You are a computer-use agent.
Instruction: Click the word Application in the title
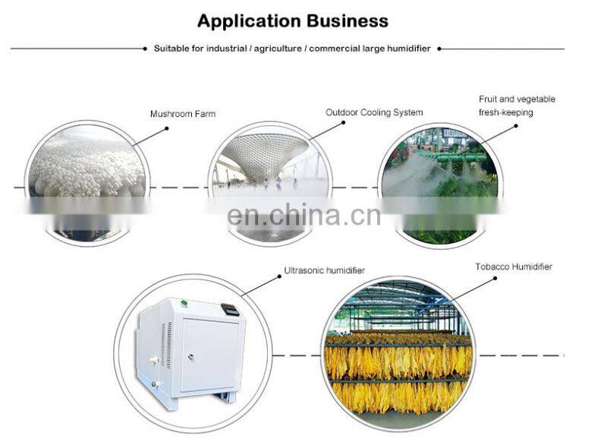pos(247,21)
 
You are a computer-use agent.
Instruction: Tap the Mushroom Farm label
pos(182,114)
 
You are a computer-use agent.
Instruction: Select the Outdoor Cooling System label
pos(374,112)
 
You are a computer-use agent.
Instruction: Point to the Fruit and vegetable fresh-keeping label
pos(517,106)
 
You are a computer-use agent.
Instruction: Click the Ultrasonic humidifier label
pos(324,270)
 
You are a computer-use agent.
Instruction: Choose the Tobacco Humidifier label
pos(514,267)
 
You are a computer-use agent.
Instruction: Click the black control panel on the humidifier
pos(229,310)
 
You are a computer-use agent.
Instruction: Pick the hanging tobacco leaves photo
pos(398,357)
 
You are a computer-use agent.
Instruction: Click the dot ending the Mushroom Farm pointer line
pos(166,128)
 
